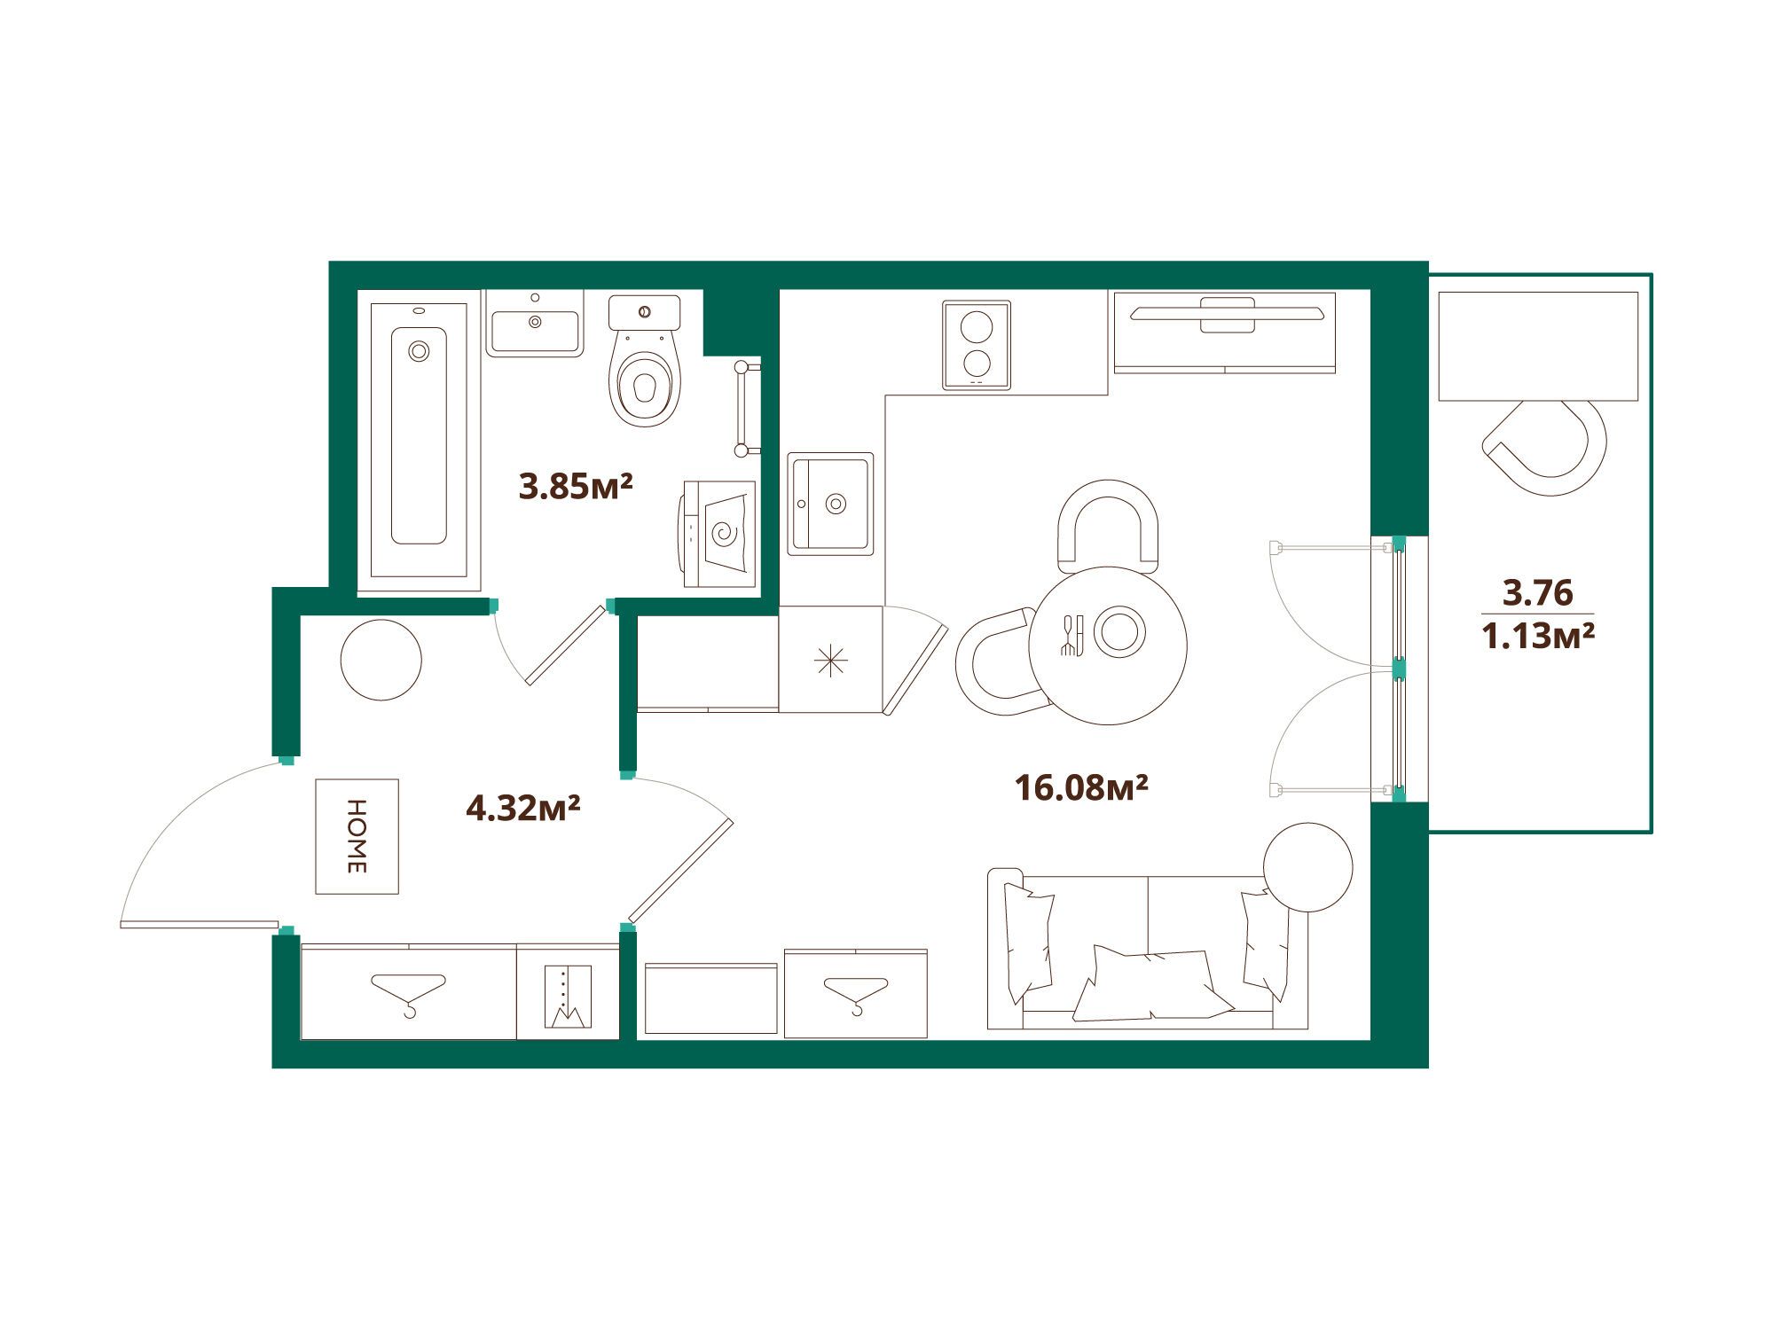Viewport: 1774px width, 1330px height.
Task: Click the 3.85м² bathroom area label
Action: coord(576,486)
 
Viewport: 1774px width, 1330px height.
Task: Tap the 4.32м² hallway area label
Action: coord(523,808)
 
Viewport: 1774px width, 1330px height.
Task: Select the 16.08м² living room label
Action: coord(1082,786)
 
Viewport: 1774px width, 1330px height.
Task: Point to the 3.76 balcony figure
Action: coord(1537,591)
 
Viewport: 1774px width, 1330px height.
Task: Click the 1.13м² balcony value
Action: coord(1538,635)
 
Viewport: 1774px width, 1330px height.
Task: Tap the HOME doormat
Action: coord(357,836)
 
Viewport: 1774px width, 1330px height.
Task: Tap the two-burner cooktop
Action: coord(977,345)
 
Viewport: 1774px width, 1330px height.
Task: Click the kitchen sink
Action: coord(831,504)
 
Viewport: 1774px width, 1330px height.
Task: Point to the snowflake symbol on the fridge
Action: coord(831,661)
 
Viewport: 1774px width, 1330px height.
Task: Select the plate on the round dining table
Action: coord(1119,632)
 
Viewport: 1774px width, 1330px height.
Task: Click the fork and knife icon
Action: coord(1072,635)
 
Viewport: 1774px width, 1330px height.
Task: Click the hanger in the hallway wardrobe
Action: coord(409,994)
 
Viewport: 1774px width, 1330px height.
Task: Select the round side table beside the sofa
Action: coord(1308,867)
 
